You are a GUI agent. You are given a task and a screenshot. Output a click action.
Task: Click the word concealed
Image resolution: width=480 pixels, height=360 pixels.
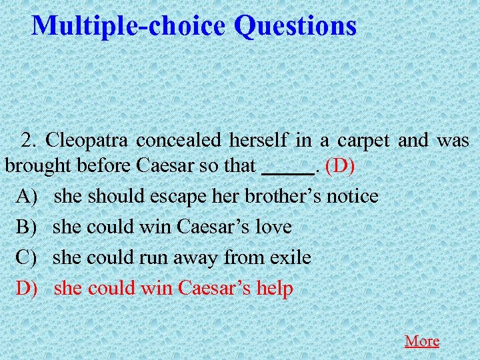click(180, 141)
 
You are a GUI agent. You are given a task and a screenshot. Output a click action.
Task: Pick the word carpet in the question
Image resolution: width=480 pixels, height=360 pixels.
click(365, 141)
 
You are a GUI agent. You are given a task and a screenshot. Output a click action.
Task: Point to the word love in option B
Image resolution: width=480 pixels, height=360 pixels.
click(274, 227)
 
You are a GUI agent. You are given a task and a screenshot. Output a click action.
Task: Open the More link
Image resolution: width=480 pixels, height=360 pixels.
click(422, 341)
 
